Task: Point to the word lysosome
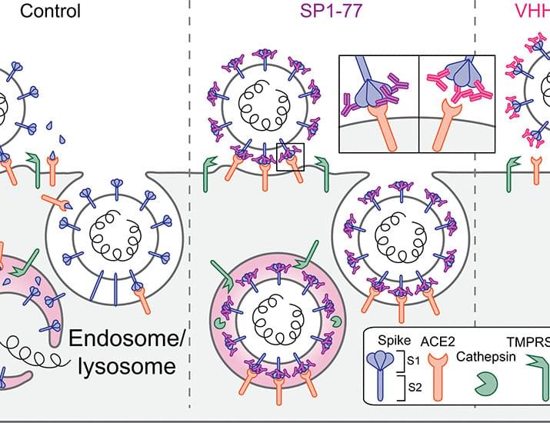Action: (127, 367)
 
